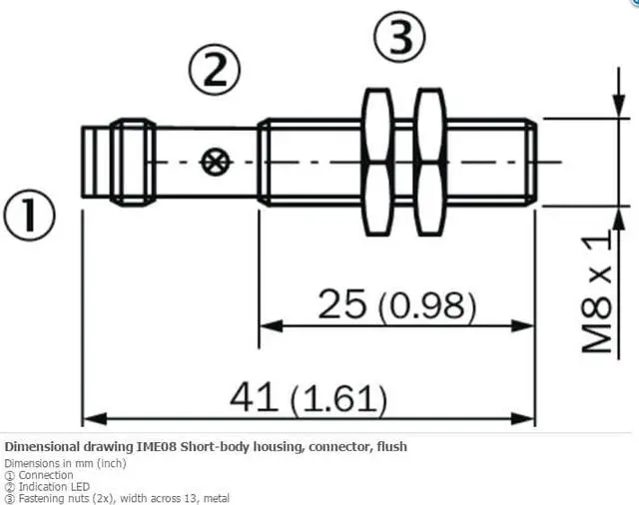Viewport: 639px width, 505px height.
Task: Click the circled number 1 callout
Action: tap(27, 217)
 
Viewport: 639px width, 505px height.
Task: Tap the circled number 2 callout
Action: tap(215, 71)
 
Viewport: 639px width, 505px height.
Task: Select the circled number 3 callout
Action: tap(399, 39)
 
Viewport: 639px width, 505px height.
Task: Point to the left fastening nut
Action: tap(376, 162)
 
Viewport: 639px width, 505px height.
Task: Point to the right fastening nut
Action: tap(430, 162)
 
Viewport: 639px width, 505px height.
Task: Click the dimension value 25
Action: tap(340, 303)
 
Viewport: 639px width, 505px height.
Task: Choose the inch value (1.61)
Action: tap(337, 400)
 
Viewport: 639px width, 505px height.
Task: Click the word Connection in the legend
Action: tap(46, 475)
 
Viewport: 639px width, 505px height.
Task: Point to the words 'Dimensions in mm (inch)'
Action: tap(65, 463)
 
